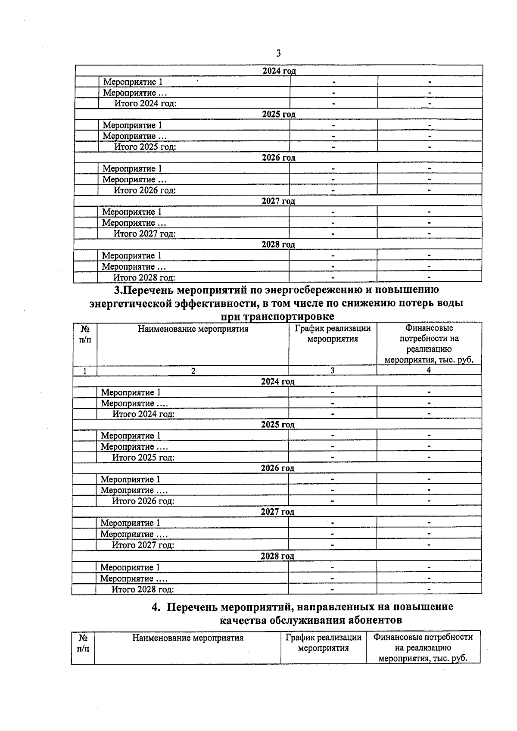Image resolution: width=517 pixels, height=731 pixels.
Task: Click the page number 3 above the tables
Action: point(278,53)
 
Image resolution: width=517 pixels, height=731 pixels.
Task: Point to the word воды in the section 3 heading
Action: point(448,303)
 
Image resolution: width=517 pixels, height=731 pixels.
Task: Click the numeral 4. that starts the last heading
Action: point(156,607)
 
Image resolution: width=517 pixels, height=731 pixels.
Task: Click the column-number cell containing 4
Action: point(429,370)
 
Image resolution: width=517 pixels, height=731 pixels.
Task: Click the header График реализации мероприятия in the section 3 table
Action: point(332,334)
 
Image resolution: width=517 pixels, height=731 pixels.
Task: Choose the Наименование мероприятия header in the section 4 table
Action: point(187,638)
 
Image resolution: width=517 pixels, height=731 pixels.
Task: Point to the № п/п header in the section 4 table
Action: point(83,643)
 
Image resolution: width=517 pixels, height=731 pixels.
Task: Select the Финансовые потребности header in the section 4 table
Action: point(423,637)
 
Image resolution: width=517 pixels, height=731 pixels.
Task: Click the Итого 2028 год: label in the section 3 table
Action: point(143,589)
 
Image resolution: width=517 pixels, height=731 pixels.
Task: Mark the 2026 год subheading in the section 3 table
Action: point(277,468)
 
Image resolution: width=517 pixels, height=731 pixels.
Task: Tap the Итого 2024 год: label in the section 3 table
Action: point(143,414)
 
